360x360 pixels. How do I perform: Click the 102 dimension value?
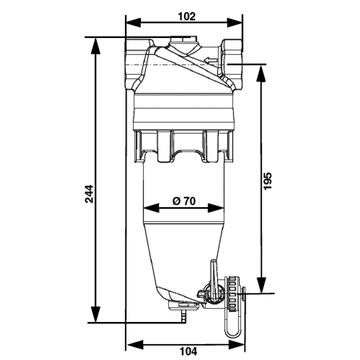pos(186,16)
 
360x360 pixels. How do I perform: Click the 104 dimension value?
pos(188,351)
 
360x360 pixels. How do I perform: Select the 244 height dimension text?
pos(89,194)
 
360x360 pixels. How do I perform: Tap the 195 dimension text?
pos(268,181)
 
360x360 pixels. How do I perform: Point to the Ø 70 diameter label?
pos(184,201)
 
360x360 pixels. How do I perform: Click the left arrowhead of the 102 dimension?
pos(134,23)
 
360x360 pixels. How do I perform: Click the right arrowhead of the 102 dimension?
pos(234,23)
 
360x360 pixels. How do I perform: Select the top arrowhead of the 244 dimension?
pos(96,45)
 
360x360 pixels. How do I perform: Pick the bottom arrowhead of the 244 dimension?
pos(96,314)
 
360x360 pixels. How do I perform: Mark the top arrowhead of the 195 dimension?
pos(262,73)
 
